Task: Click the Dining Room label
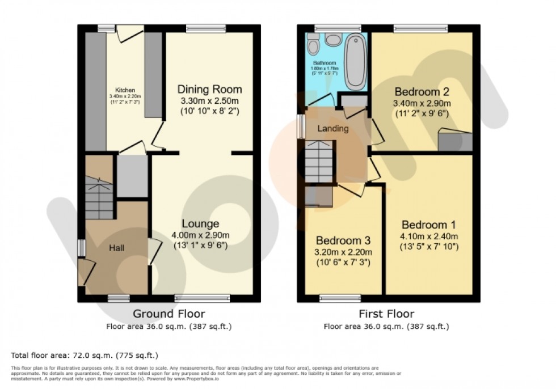coord(210,89)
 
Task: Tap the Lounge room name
coord(200,223)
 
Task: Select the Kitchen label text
coord(125,90)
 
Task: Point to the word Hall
coord(119,248)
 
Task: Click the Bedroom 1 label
coord(428,224)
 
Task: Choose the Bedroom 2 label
coord(422,92)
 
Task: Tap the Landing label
coord(332,129)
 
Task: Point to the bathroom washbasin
coord(332,40)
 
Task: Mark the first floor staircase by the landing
coord(318,162)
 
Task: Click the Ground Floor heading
coord(169,314)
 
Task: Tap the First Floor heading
coord(386,314)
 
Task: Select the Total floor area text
coord(84,356)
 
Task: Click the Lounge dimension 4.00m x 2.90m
coord(200,235)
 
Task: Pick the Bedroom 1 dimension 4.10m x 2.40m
coord(428,236)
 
